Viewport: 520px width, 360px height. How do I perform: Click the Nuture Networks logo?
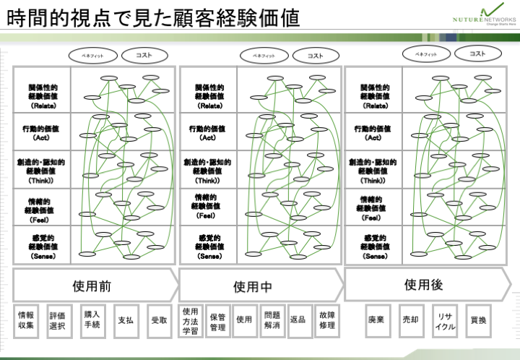478,16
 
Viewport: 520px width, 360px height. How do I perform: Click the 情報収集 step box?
26,320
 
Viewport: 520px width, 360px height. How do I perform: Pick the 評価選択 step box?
58,320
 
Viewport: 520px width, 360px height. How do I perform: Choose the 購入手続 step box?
92,320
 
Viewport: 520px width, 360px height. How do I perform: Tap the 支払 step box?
126,320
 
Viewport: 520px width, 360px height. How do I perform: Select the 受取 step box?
159,320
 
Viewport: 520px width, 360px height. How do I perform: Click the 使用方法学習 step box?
191,320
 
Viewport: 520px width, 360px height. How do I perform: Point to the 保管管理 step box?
217,320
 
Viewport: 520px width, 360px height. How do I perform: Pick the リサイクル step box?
445,320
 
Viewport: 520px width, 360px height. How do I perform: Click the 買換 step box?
478,320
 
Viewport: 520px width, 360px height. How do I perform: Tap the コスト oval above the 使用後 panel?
477,53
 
